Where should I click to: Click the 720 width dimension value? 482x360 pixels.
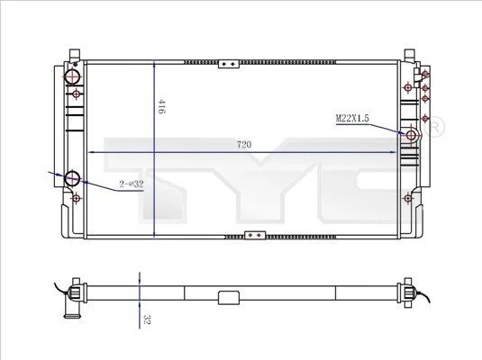tap(244, 144)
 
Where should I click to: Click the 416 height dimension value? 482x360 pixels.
tap(161, 106)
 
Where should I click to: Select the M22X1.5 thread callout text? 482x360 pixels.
tap(352, 118)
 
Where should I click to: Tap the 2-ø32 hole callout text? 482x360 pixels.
tap(132, 184)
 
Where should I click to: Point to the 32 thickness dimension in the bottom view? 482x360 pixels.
tap(147, 319)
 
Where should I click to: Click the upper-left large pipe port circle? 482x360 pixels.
tap(73, 76)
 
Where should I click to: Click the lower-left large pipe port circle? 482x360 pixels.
tap(73, 178)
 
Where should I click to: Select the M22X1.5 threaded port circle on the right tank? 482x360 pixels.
tap(411, 135)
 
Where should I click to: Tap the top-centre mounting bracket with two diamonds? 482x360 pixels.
tap(229, 64)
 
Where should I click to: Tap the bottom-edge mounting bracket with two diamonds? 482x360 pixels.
tap(255, 235)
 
